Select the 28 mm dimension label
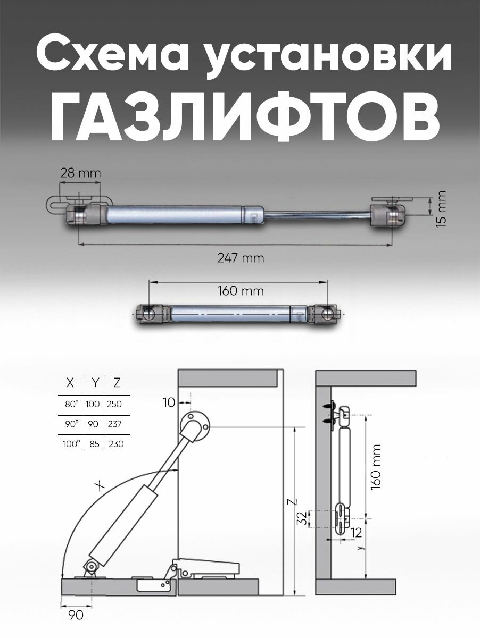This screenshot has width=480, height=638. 80,173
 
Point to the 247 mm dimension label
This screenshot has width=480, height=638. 241,258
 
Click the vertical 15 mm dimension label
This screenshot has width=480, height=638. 440,209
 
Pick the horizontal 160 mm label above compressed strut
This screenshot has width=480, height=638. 241,291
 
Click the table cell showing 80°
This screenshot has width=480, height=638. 71,404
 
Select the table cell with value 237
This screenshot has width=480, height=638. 114,424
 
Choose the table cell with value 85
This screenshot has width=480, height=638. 95,443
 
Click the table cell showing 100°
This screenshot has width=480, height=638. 71,443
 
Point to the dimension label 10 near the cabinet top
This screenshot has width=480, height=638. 169,403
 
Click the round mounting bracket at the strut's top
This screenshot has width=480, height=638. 194,424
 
